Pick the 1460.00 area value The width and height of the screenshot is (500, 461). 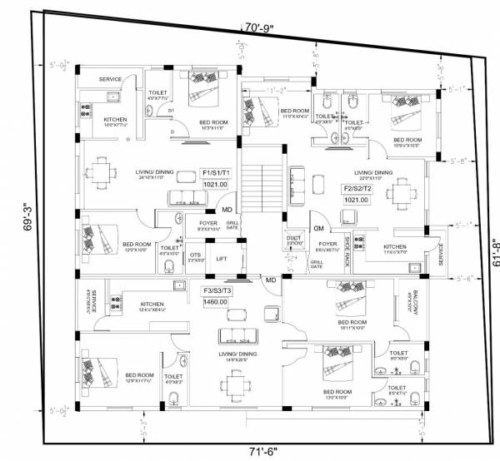pos(216,303)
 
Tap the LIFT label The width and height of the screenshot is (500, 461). pos(221,259)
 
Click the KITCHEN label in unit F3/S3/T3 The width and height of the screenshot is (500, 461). pos(152,305)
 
